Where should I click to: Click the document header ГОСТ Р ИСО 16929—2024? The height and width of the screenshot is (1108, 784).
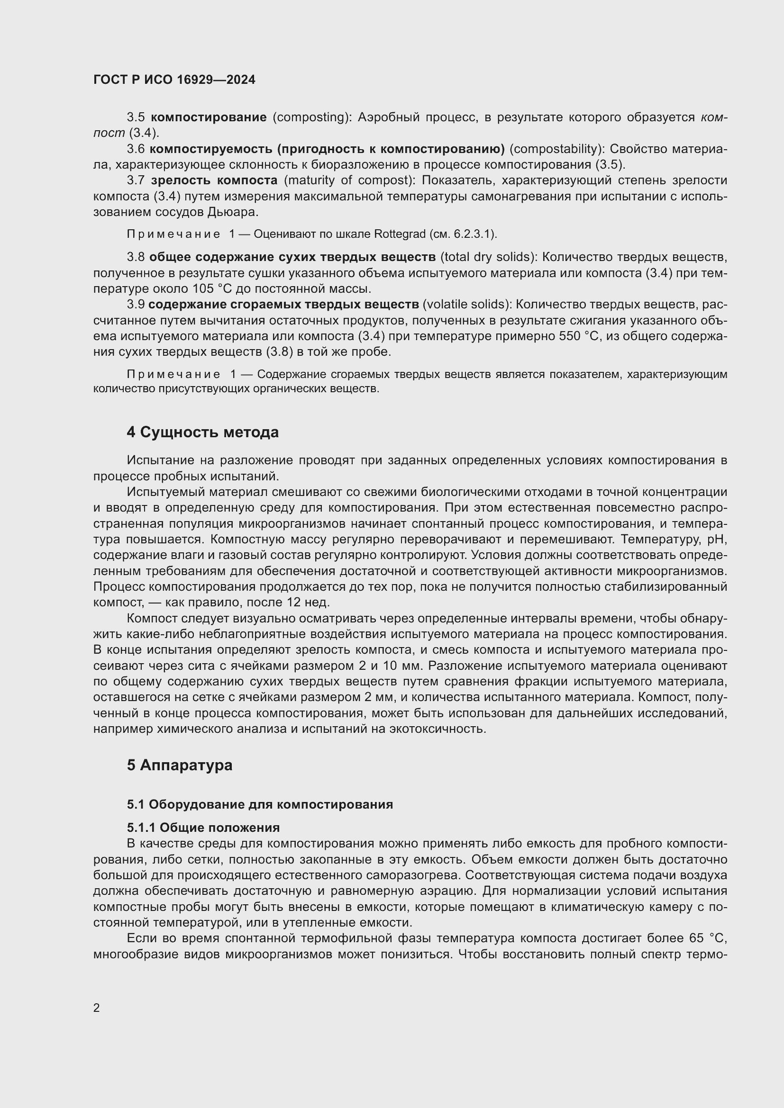174,80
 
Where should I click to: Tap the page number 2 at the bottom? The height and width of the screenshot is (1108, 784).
97,1008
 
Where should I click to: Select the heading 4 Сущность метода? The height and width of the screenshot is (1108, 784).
203,432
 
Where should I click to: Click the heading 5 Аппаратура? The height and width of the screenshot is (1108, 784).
180,766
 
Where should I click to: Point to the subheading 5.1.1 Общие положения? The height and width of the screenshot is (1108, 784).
203,828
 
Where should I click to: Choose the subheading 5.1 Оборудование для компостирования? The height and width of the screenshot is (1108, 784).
260,804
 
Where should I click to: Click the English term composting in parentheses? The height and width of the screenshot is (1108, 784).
312,117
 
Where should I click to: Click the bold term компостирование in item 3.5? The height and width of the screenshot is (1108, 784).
209,117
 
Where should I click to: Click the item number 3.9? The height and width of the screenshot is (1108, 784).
136,305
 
